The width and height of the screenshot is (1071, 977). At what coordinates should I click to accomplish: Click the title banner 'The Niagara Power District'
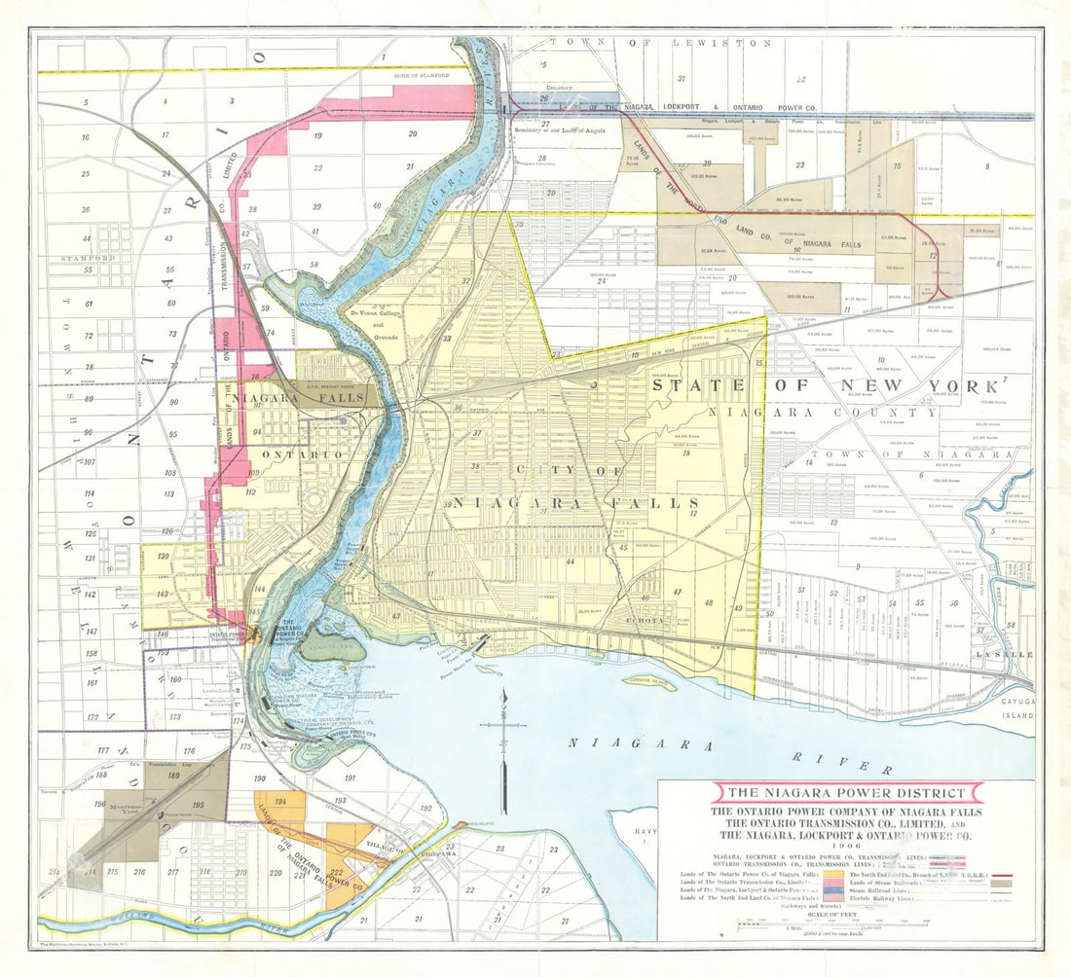point(847,793)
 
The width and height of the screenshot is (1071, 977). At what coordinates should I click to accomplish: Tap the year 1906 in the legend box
point(846,846)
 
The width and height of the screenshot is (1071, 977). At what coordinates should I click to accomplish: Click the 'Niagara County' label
point(823,413)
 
